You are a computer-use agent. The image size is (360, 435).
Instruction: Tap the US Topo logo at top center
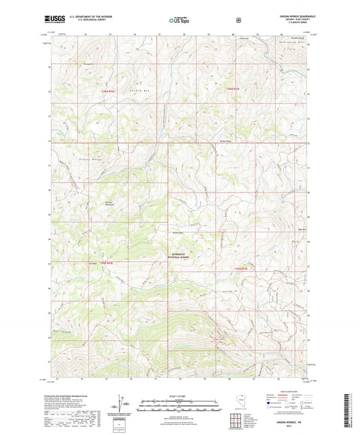click(180, 20)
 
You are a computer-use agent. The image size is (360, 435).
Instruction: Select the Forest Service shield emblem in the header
click(238, 20)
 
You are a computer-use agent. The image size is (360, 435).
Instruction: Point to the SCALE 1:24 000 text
click(179, 396)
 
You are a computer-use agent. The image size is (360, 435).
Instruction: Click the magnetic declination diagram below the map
click(122, 405)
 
